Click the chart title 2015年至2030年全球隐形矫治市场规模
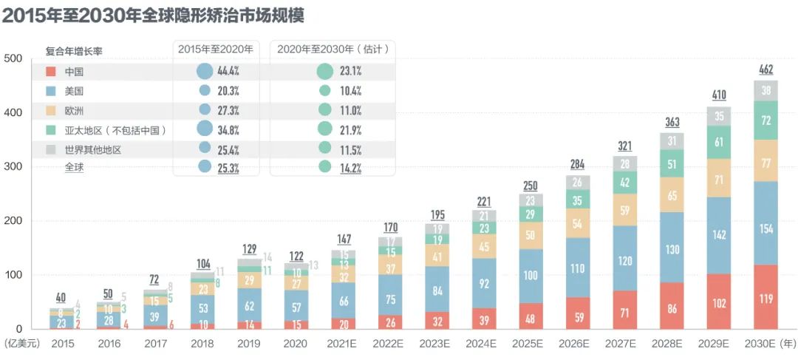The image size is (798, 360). (153, 16)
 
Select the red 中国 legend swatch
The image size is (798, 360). (51, 72)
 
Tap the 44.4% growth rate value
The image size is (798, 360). (227, 72)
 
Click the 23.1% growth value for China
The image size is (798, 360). (349, 72)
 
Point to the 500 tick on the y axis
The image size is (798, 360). (13, 59)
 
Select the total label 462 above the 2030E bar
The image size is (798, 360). (766, 70)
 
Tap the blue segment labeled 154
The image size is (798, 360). (766, 228)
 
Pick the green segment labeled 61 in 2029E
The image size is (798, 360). (718, 142)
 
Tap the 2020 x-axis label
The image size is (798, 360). (296, 343)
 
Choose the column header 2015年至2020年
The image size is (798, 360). (216, 50)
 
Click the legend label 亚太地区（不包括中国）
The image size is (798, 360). (115, 129)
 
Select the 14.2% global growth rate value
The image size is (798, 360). (349, 167)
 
